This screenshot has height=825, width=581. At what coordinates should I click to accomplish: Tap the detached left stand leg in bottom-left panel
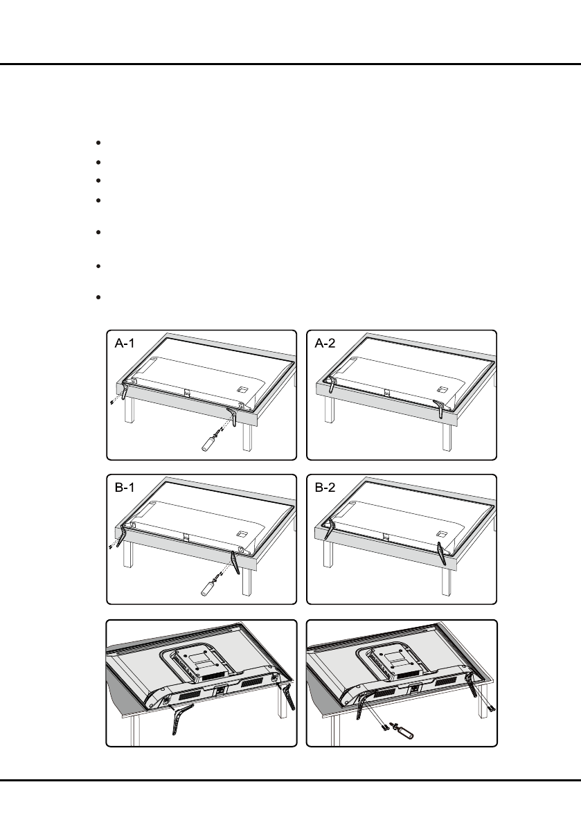178,720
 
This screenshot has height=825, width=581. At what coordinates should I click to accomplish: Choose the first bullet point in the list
100,143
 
